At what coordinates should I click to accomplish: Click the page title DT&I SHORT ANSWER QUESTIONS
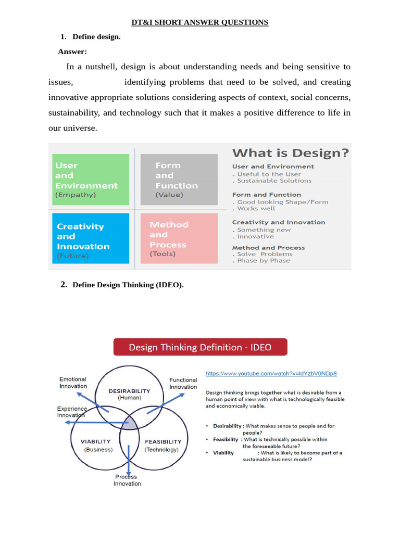[x=199, y=22]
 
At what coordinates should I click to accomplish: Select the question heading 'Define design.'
[x=96, y=36]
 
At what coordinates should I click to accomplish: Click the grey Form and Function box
[x=179, y=180]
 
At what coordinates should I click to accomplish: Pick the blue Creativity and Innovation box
[x=90, y=238]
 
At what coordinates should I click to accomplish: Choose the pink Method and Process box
[x=179, y=238]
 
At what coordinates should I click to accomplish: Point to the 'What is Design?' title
[x=290, y=153]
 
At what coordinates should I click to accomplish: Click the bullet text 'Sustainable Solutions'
[x=274, y=181]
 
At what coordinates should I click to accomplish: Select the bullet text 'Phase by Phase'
[x=263, y=260]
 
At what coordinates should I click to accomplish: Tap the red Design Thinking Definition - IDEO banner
[x=200, y=347]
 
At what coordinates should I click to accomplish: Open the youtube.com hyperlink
[x=271, y=373]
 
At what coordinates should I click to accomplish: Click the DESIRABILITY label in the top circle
[x=129, y=391]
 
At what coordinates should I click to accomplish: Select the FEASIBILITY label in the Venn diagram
[x=162, y=441]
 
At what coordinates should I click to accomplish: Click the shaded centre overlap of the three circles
[x=129, y=423]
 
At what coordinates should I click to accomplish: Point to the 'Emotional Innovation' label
[x=73, y=383]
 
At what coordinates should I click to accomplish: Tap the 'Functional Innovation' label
[x=183, y=384]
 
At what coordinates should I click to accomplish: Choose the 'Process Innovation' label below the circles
[x=127, y=480]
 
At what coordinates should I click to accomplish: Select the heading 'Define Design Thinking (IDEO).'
[x=128, y=285]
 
